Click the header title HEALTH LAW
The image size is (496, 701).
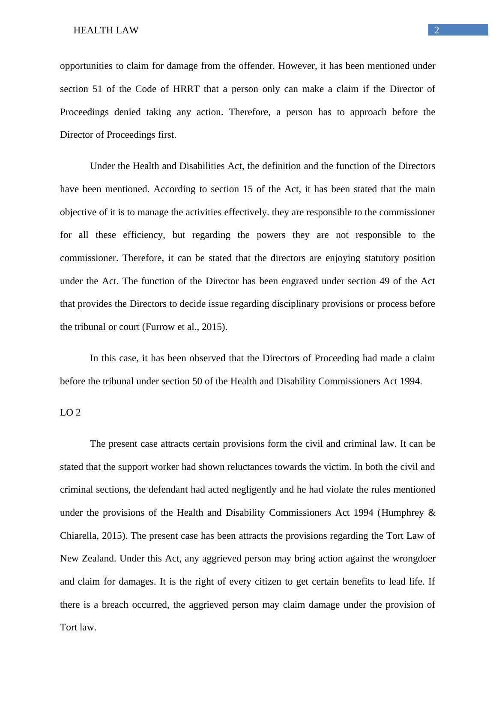click(106, 30)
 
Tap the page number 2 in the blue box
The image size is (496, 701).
click(437, 30)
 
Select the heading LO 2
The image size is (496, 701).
click(70, 413)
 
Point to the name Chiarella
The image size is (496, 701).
click(79, 536)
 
